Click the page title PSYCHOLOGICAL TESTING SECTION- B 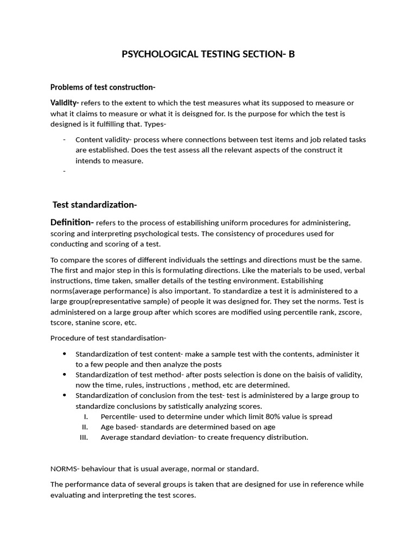point(208,54)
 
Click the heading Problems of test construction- point(103,87)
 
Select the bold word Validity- point(65,103)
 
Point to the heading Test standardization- point(94,205)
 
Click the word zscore point(350,312)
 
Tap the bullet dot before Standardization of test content point(65,354)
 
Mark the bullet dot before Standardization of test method point(65,375)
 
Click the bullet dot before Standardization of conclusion point(65,395)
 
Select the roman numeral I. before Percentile point(86,416)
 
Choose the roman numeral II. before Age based point(85,427)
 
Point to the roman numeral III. point(84,437)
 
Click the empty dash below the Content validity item point(65,171)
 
